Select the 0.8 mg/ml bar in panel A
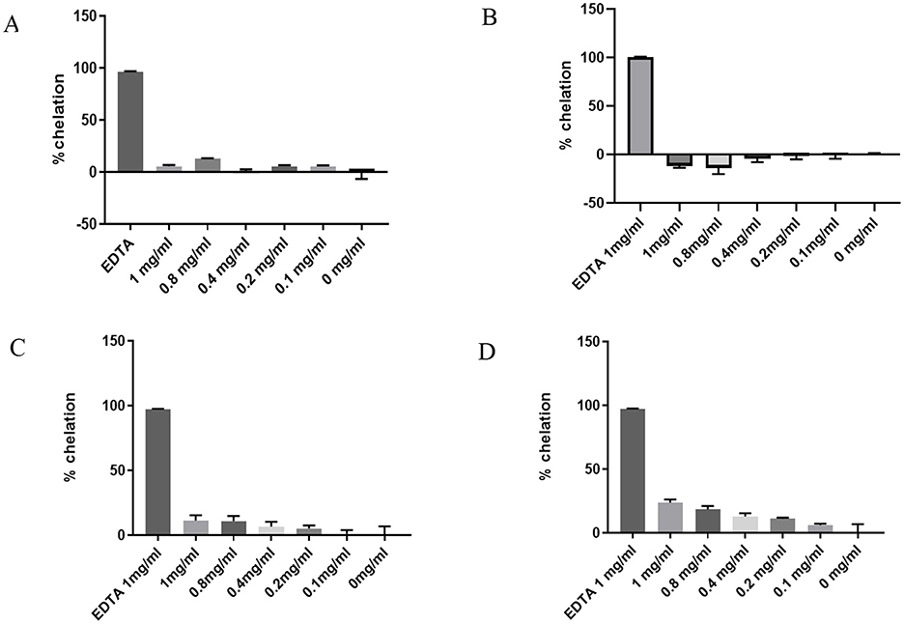point(208,165)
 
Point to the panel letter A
point(12,26)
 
